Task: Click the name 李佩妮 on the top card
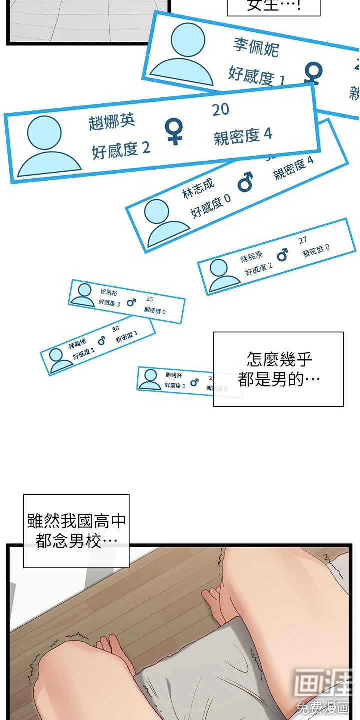pos(256,47)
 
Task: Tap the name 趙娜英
pos(112,121)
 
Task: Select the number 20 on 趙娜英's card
pos(220,110)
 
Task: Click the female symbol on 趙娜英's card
pos(174,131)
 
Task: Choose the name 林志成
pos(198,187)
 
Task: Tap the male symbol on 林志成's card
pos(245,182)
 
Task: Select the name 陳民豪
pos(251,257)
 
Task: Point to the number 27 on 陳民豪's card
pos(303,240)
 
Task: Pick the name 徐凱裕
pos(109,292)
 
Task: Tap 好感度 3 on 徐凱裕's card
pos(109,303)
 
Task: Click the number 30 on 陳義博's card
pos(115,328)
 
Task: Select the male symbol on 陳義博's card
pos(101,341)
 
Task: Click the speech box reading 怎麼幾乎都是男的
pos(278,369)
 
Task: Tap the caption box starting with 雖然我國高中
pos(76,531)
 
